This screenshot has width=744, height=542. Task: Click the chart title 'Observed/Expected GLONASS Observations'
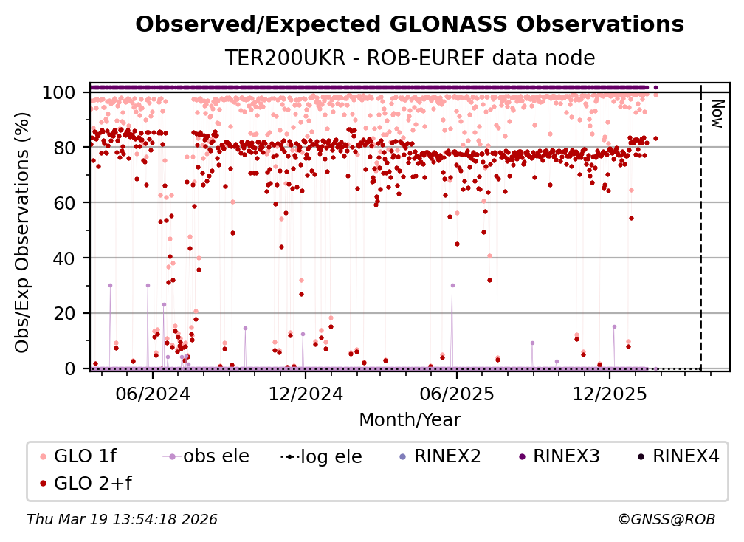(410, 24)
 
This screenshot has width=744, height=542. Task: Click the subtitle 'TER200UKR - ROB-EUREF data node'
(410, 58)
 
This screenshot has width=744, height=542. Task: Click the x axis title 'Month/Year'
(410, 420)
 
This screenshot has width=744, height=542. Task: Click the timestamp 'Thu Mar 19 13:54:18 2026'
(122, 520)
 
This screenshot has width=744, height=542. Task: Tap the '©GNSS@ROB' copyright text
(666, 520)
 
